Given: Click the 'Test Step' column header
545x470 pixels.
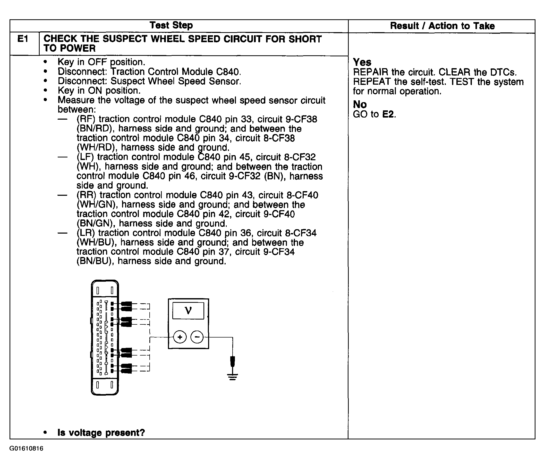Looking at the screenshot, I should tap(171, 25).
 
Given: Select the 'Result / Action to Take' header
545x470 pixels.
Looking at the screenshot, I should tap(442, 26).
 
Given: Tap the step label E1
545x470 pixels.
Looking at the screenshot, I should tap(23, 39).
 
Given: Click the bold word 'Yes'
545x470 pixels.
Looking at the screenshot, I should tap(362, 62).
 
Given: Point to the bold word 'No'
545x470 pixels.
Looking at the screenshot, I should tap(360, 104).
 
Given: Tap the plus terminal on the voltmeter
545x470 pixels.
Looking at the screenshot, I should tap(180, 337).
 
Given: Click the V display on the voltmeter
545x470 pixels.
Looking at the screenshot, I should tap(188, 311).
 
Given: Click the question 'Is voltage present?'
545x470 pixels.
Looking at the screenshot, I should tap(101, 433).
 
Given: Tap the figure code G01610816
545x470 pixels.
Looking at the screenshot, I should tap(26, 448).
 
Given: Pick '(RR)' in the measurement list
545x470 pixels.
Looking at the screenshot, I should tap(87, 195).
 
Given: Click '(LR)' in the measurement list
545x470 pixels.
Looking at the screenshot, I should tap(86, 233).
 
